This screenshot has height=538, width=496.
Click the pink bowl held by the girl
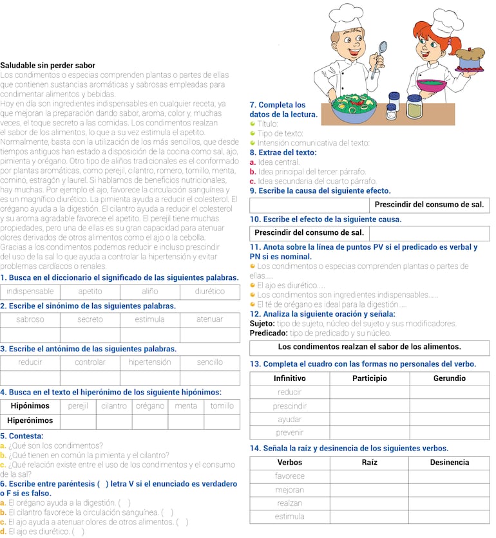(x=432, y=85)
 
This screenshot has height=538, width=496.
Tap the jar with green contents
(x=414, y=107)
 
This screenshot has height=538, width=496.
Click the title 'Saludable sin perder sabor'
(x=48, y=65)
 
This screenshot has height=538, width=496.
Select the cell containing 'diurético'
(x=209, y=292)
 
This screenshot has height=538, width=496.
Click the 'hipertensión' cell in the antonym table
(x=149, y=362)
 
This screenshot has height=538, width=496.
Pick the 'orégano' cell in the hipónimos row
(x=150, y=406)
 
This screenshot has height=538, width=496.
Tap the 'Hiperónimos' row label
(x=30, y=421)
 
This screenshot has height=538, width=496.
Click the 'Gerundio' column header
(x=449, y=378)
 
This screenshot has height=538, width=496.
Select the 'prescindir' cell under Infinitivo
(x=289, y=406)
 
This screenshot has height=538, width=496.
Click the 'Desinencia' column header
(x=449, y=462)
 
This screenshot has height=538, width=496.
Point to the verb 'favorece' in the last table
(x=289, y=476)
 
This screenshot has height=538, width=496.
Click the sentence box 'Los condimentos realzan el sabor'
(x=369, y=347)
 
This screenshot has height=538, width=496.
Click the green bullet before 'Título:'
(x=253, y=124)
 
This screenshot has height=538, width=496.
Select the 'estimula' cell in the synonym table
(x=149, y=319)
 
